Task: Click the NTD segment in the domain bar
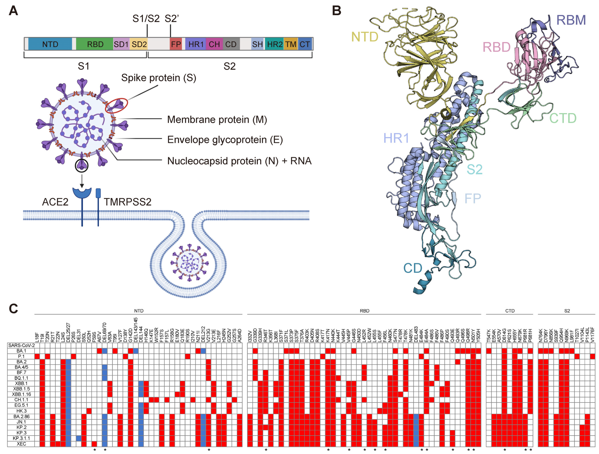[x=50, y=44]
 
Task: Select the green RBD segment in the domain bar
[x=95, y=44]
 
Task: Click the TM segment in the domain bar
[x=291, y=44]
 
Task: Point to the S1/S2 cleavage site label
[x=146, y=19]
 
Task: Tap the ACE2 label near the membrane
[x=55, y=202]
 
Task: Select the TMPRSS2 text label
[x=128, y=202]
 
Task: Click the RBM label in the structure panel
[x=571, y=20]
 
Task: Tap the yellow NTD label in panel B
[x=365, y=37]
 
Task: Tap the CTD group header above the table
[x=510, y=311]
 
